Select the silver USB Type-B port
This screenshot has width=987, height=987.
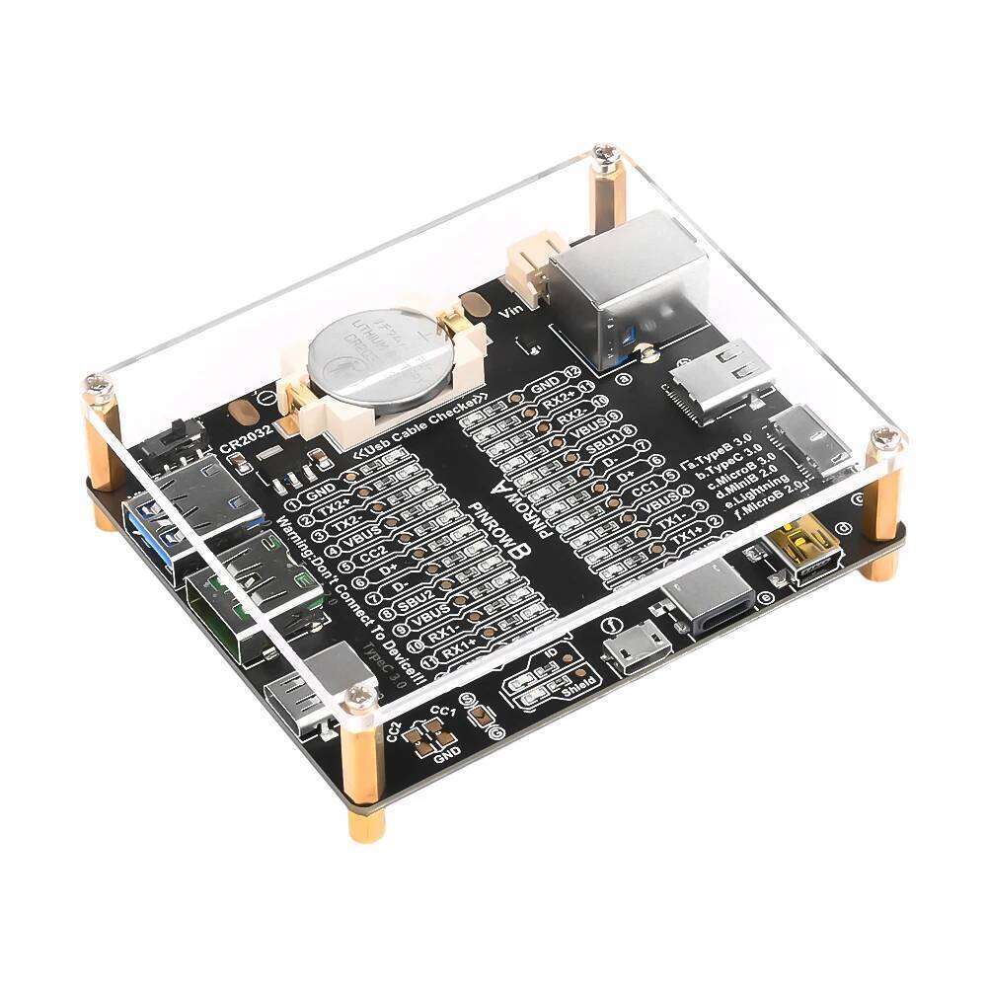632,281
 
